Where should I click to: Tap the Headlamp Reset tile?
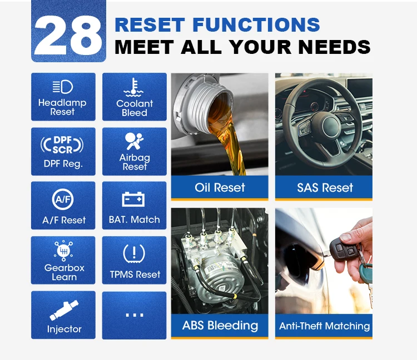[63, 97]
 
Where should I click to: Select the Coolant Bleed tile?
[134, 97]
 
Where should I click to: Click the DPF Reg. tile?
[63, 152]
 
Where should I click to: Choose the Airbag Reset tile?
[134, 152]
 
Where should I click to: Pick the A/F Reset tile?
[63, 206]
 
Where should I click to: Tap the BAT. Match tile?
[134, 206]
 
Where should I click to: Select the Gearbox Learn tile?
[63, 260]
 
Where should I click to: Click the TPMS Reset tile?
[134, 260]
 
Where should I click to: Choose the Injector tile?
[63, 314]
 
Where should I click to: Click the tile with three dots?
[134, 314]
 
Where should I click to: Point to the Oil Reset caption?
[220, 188]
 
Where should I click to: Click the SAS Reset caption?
[324, 188]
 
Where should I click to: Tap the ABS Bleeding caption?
[220, 326]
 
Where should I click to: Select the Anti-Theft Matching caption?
[324, 326]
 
